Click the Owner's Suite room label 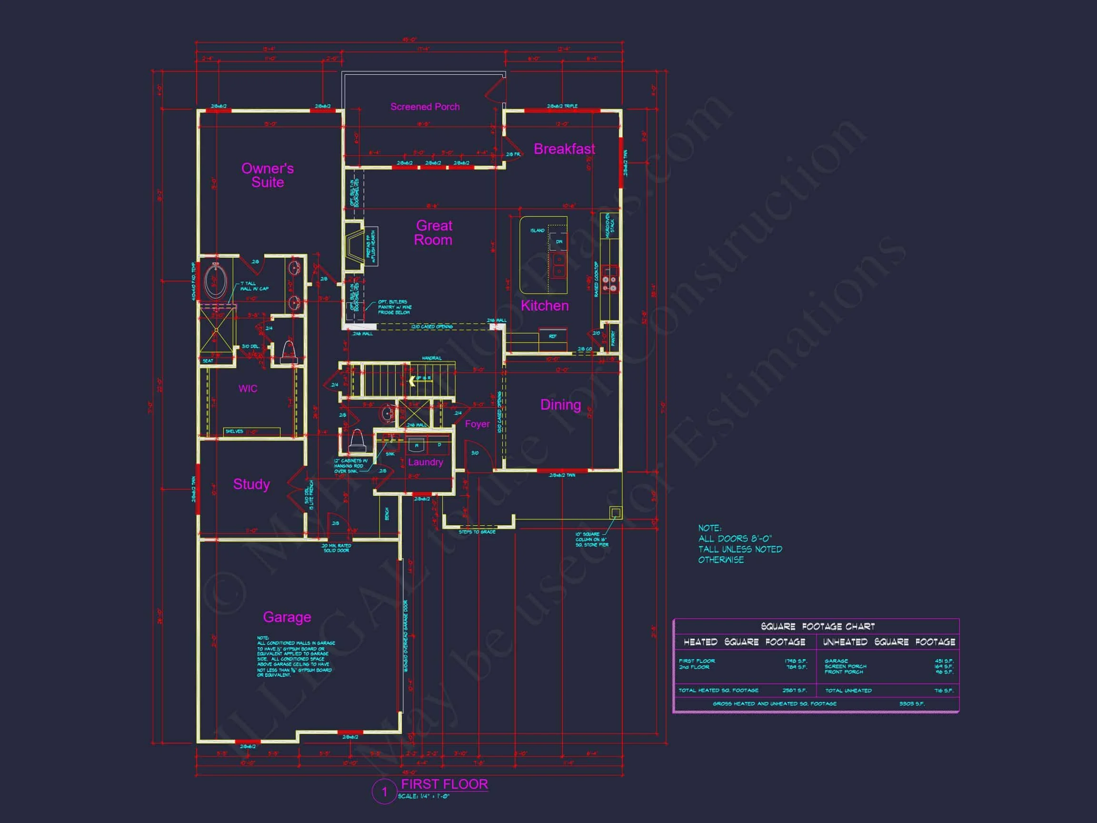pyautogui.click(x=267, y=175)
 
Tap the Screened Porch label pyautogui.click(x=425, y=107)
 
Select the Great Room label pyautogui.click(x=433, y=233)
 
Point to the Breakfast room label pyautogui.click(x=564, y=149)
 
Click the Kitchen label pyautogui.click(x=545, y=306)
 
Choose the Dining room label pyautogui.click(x=560, y=405)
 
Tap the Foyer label pyautogui.click(x=477, y=424)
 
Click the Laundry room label pyautogui.click(x=425, y=462)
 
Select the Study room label pyautogui.click(x=251, y=484)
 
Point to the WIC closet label pyautogui.click(x=248, y=389)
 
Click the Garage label pyautogui.click(x=287, y=617)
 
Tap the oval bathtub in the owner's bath pyautogui.click(x=216, y=281)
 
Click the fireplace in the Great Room pyautogui.click(x=355, y=245)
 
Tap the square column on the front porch pyautogui.click(x=616, y=512)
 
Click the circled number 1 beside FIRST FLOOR pyautogui.click(x=384, y=792)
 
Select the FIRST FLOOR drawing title pyautogui.click(x=444, y=784)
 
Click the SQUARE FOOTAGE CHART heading pyautogui.click(x=818, y=627)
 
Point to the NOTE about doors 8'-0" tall pyautogui.click(x=739, y=544)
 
